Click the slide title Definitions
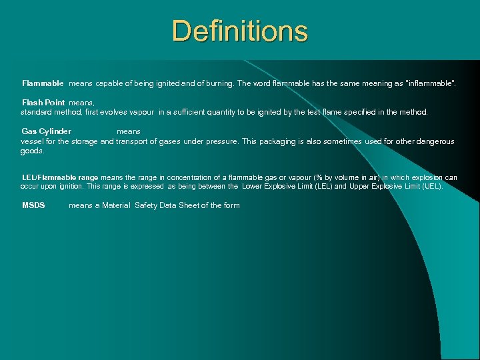point(239,31)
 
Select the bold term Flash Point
point(43,103)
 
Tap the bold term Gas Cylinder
point(47,131)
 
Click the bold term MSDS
point(33,205)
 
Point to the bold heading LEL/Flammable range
point(60,177)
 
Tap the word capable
point(109,83)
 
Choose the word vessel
point(33,141)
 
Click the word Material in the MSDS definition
point(116,205)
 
